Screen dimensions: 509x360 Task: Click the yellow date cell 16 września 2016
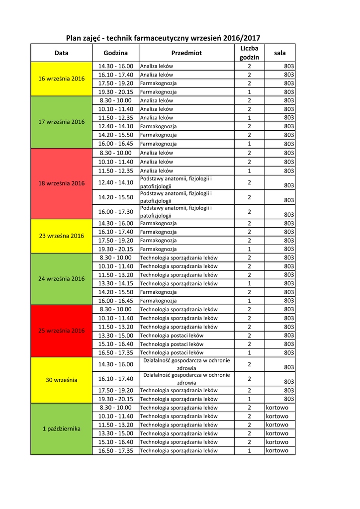[62, 79]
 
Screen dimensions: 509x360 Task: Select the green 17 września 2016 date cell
[62, 122]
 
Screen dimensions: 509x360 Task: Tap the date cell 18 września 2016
[62, 183]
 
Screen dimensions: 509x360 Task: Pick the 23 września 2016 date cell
[62, 236]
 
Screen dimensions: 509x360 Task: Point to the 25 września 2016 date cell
[62, 331]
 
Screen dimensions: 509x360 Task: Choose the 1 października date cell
[62, 428]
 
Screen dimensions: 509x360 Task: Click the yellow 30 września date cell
[62, 380]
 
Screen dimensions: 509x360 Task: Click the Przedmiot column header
[186, 53]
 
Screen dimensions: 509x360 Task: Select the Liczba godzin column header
[249, 53]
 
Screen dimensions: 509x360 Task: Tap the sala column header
[280, 53]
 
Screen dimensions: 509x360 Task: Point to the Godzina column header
[115, 53]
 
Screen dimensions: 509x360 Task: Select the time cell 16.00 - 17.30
[115, 212]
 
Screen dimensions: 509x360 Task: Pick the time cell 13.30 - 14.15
[115, 283]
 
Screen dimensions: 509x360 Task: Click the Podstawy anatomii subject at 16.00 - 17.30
[176, 212]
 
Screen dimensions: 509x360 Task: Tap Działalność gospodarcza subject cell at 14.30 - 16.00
[186, 364]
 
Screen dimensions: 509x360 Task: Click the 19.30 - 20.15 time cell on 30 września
[115, 399]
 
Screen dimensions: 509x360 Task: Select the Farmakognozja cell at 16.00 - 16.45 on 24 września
[159, 301]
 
